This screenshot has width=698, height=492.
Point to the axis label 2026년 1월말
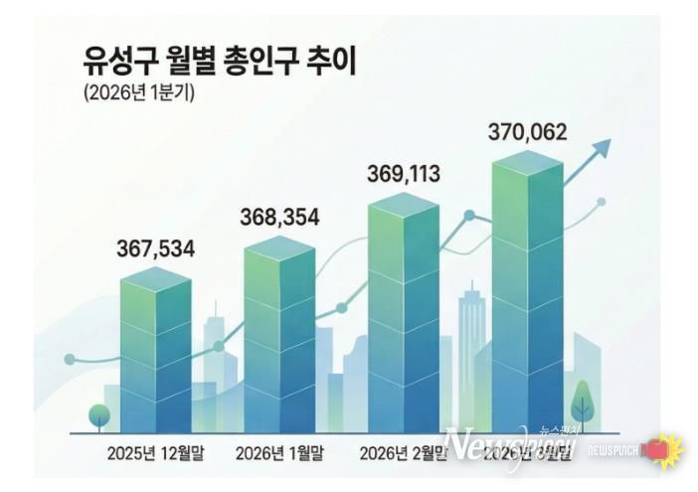pyautogui.click(x=279, y=453)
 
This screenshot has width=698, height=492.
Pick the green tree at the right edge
pyautogui.click(x=583, y=403)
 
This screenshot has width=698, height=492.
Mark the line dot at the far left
pyautogui.click(x=70, y=359)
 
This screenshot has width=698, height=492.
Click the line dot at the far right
pyautogui.click(x=602, y=202)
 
